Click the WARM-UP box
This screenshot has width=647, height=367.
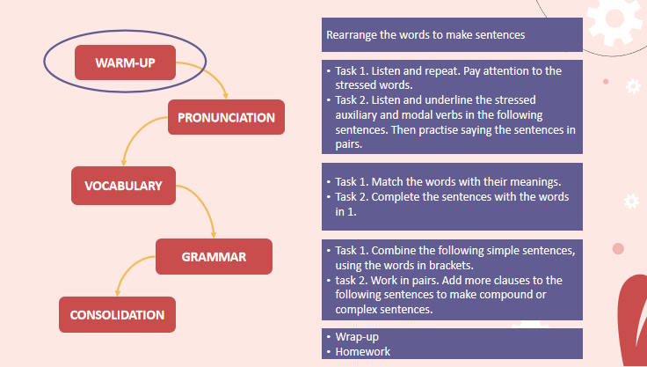tap(126, 63)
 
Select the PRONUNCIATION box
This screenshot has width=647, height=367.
tap(226, 117)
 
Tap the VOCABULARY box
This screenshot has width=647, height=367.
tap(123, 186)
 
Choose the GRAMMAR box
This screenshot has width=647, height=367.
tap(214, 257)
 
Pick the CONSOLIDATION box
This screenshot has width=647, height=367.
tap(117, 314)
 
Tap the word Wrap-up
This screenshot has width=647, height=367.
tap(358, 337)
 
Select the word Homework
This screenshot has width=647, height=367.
tap(363, 352)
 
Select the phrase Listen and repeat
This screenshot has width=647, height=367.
tap(426, 70)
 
